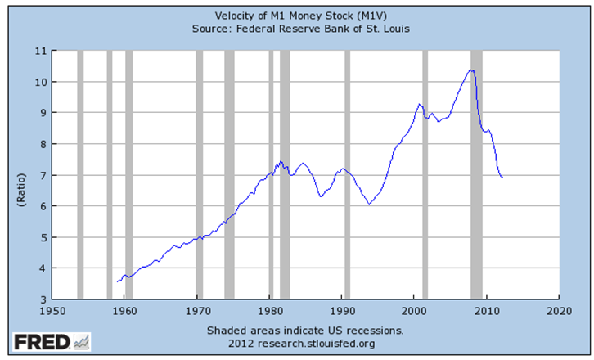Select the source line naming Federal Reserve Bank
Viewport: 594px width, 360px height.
(296, 29)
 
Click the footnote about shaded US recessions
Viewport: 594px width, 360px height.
(304, 331)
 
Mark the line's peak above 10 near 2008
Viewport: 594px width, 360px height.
(470, 70)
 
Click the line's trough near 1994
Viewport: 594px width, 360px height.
(370, 204)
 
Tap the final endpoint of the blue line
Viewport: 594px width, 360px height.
(502, 178)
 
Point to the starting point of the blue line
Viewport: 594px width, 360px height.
(117, 281)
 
